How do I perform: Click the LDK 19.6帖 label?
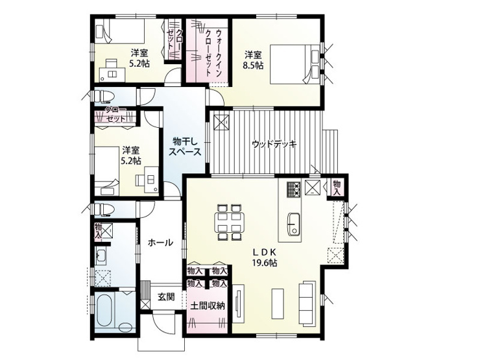pyautogui.click(x=265, y=257)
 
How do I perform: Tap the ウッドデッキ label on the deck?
pyautogui.click(x=274, y=144)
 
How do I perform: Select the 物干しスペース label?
pyautogui.click(x=186, y=147)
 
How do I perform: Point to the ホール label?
pyautogui.click(x=160, y=243)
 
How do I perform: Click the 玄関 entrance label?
pyautogui.click(x=166, y=296)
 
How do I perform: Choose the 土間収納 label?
pyautogui.click(x=208, y=306)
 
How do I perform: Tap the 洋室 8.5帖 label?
pyautogui.click(x=253, y=60)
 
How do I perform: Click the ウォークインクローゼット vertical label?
pyautogui.click(x=213, y=53)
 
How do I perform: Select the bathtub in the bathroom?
pyautogui.click(x=106, y=311)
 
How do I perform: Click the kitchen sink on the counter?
pyautogui.click(x=294, y=224)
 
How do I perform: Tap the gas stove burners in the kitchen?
pyautogui.click(x=294, y=189)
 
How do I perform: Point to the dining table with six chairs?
pyautogui.click(x=230, y=222)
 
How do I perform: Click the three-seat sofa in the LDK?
pyautogui.click(x=307, y=302)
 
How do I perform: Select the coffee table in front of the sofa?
pyautogui.click(x=278, y=304)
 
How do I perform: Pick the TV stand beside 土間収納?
pyautogui.click(x=238, y=303)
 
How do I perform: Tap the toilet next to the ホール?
pyautogui.click(x=104, y=210)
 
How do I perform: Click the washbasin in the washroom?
pyautogui.click(x=100, y=258)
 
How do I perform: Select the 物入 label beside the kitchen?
pyautogui.click(x=337, y=188)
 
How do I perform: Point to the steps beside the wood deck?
pyautogui.click(x=331, y=150)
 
